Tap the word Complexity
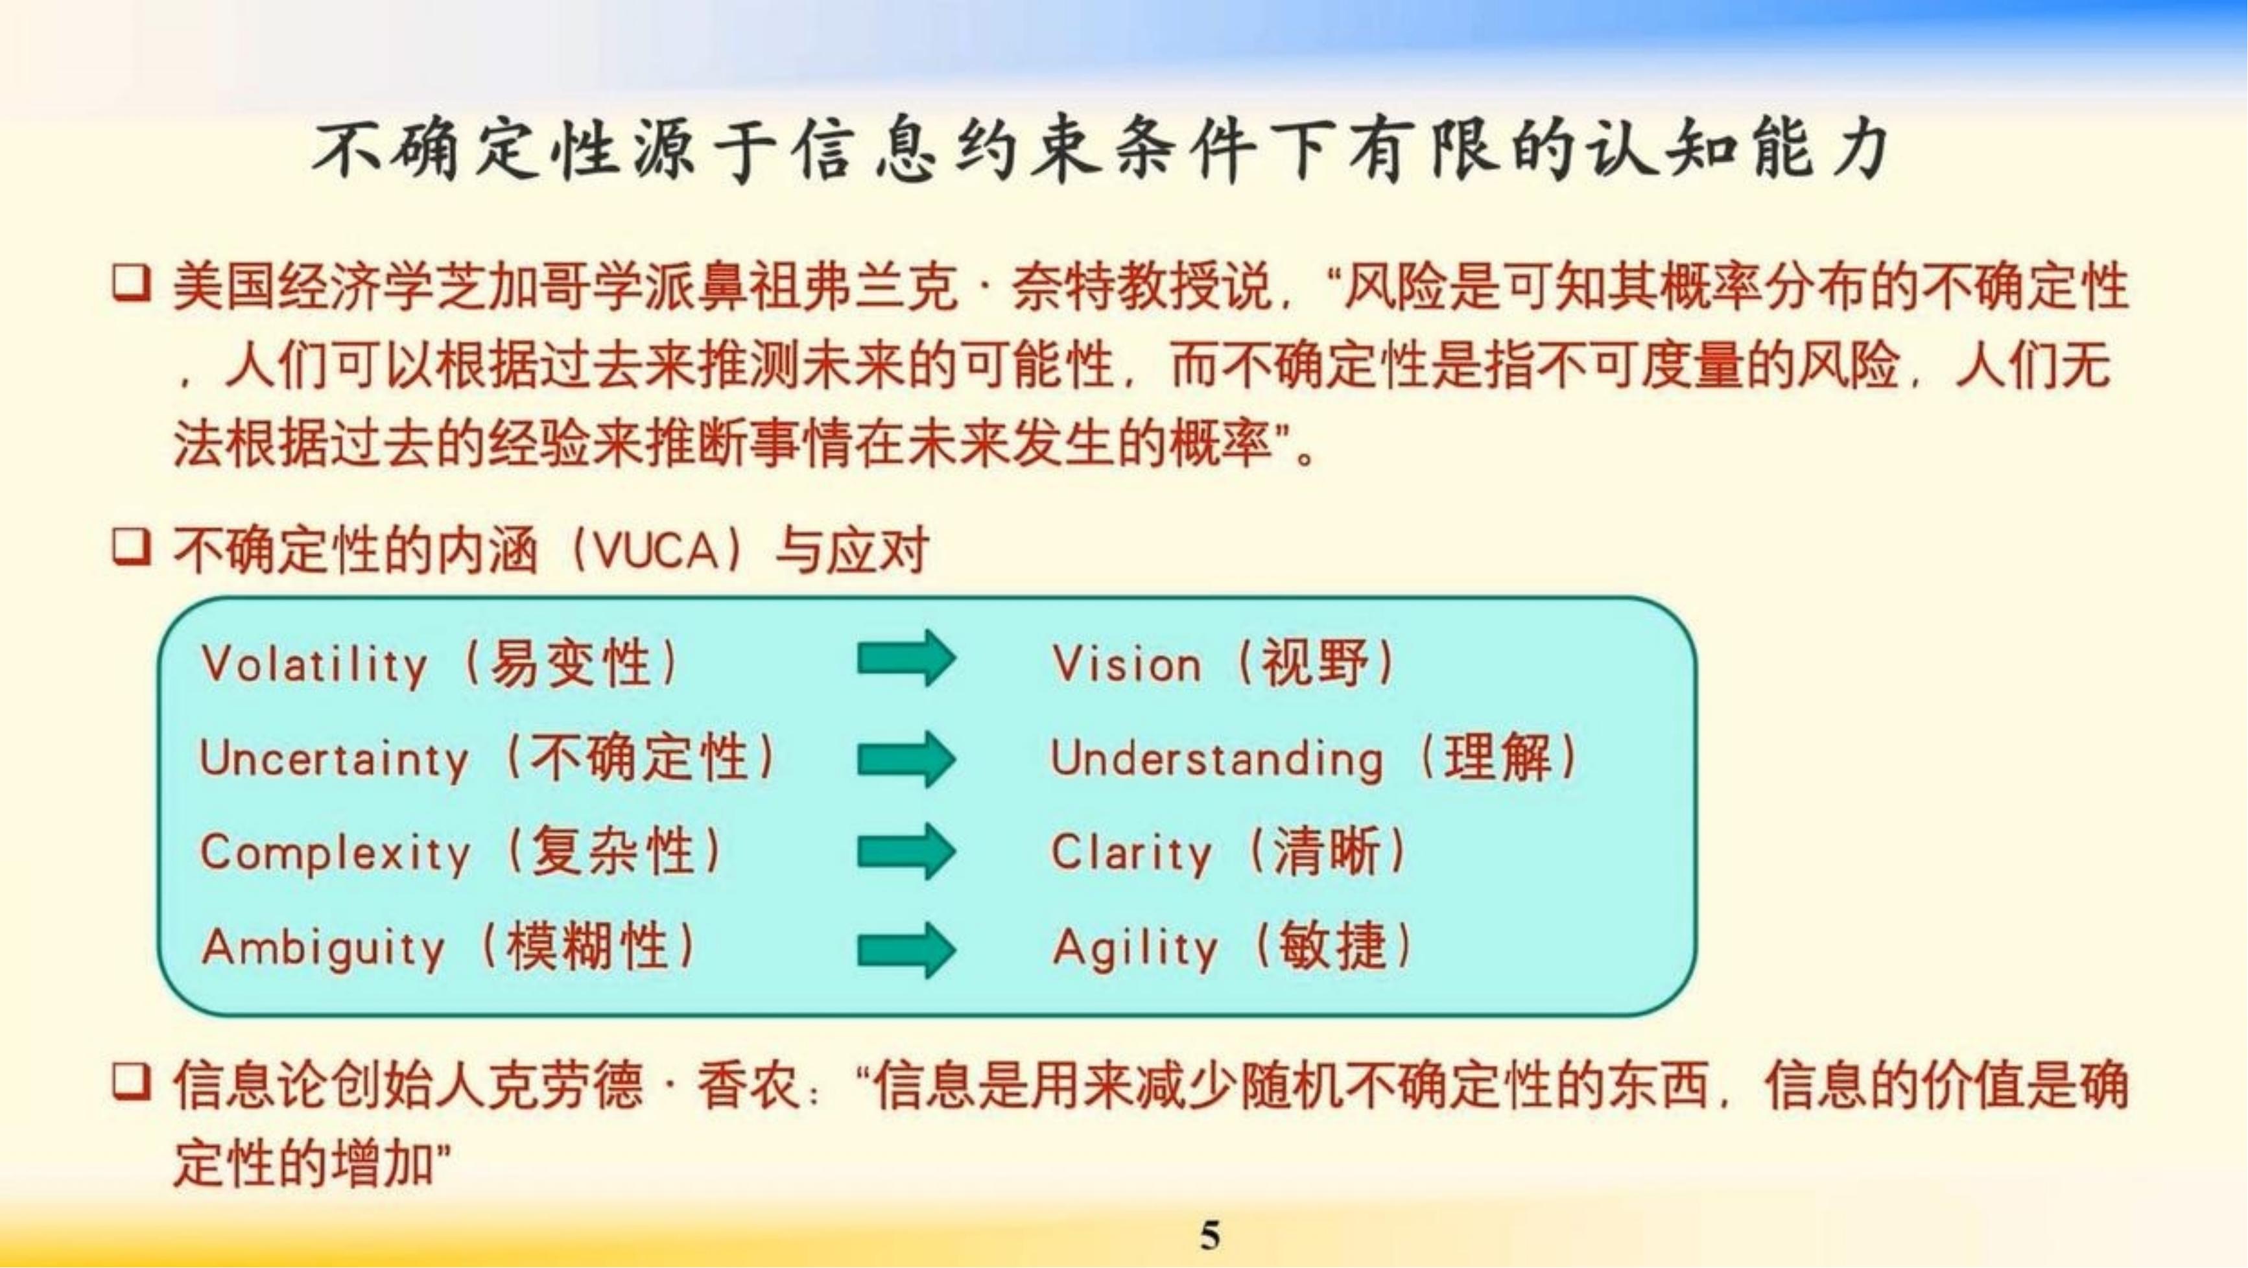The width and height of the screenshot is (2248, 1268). (x=335, y=852)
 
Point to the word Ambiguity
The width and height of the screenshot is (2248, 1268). (x=323, y=948)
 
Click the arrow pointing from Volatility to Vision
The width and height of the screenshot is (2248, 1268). (x=906, y=658)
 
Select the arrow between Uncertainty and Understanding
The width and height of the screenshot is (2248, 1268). (x=906, y=758)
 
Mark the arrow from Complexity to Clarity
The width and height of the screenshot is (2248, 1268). (x=906, y=851)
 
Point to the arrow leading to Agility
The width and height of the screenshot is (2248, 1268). (x=906, y=950)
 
